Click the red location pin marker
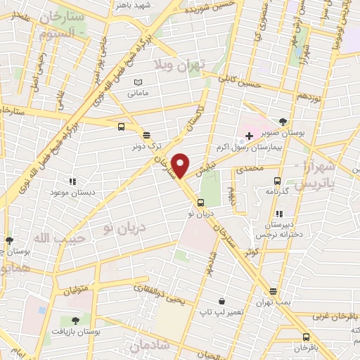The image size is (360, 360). [x=181, y=165]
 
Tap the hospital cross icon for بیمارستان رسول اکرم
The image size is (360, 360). [x=249, y=134]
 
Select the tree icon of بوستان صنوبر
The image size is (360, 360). [x=283, y=122]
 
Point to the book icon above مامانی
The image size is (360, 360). [x=139, y=82]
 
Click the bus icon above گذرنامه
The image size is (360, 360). [x=278, y=181]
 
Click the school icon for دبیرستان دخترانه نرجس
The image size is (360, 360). [x=279, y=213]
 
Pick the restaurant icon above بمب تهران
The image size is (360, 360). [x=273, y=292]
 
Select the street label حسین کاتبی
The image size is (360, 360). [x=240, y=83]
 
